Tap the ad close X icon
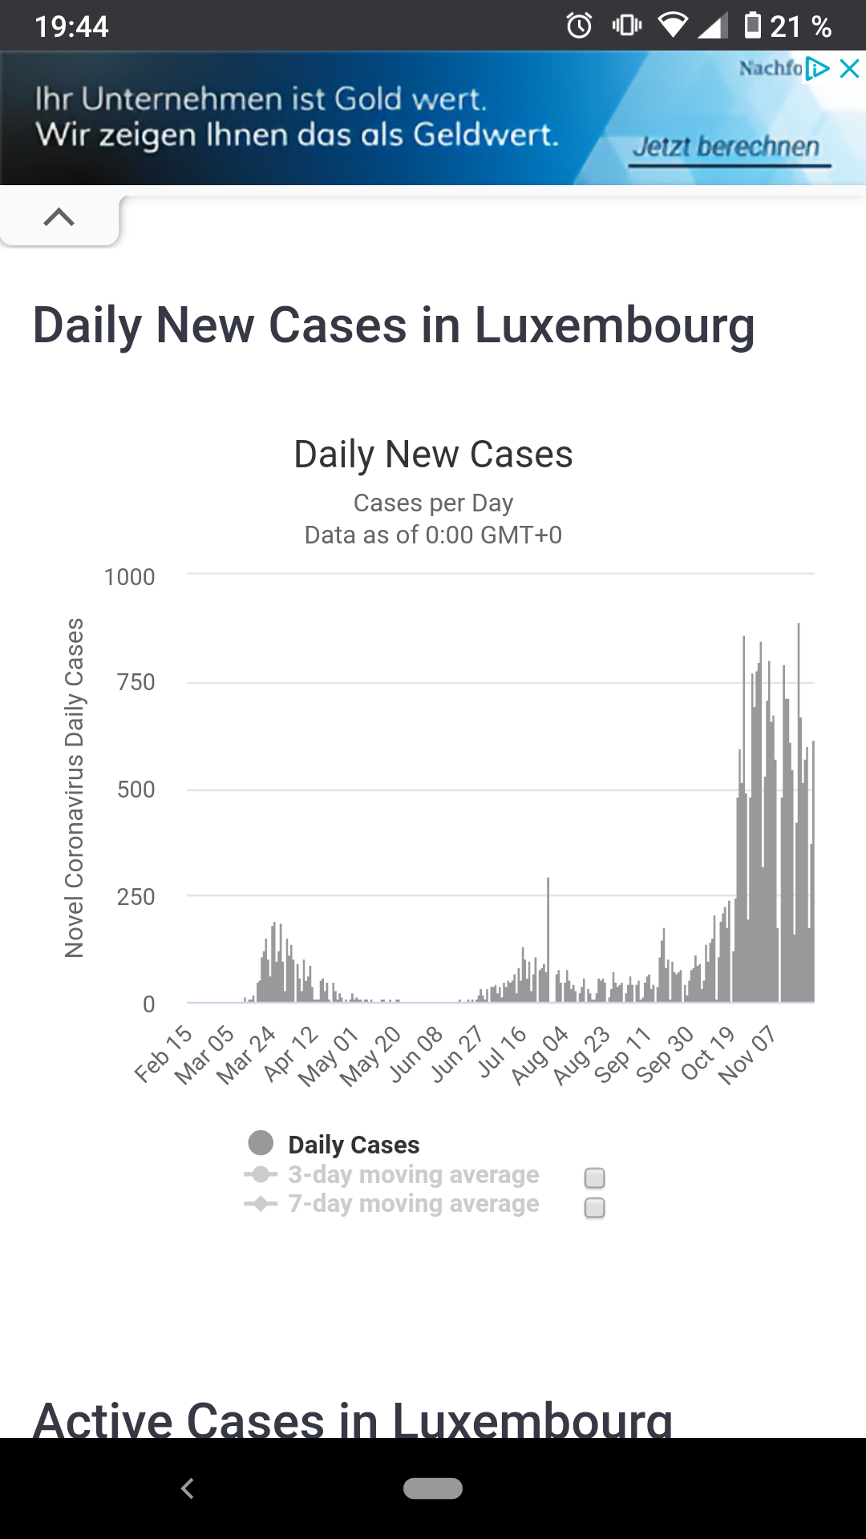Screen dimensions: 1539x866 (849, 69)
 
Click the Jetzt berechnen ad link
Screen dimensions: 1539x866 (726, 147)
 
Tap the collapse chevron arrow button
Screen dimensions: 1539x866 (59, 217)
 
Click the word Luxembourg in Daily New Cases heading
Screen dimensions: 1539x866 (614, 326)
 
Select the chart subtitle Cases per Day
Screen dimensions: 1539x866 (433, 503)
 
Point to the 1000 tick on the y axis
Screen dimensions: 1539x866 (129, 577)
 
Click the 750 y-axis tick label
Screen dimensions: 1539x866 (136, 682)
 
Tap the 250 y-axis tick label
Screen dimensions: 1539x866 (136, 897)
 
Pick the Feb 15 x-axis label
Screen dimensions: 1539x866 (164, 1053)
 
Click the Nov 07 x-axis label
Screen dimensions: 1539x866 (747, 1055)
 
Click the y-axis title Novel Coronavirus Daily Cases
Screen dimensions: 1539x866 (75, 787)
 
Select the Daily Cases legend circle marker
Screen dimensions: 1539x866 (261, 1143)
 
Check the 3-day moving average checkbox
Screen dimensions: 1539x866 (595, 1177)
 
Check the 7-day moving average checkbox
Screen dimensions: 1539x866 (595, 1207)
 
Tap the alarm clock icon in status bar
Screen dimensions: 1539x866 (579, 26)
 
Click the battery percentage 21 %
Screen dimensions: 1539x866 (800, 27)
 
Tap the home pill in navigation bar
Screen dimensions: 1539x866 (433, 1488)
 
